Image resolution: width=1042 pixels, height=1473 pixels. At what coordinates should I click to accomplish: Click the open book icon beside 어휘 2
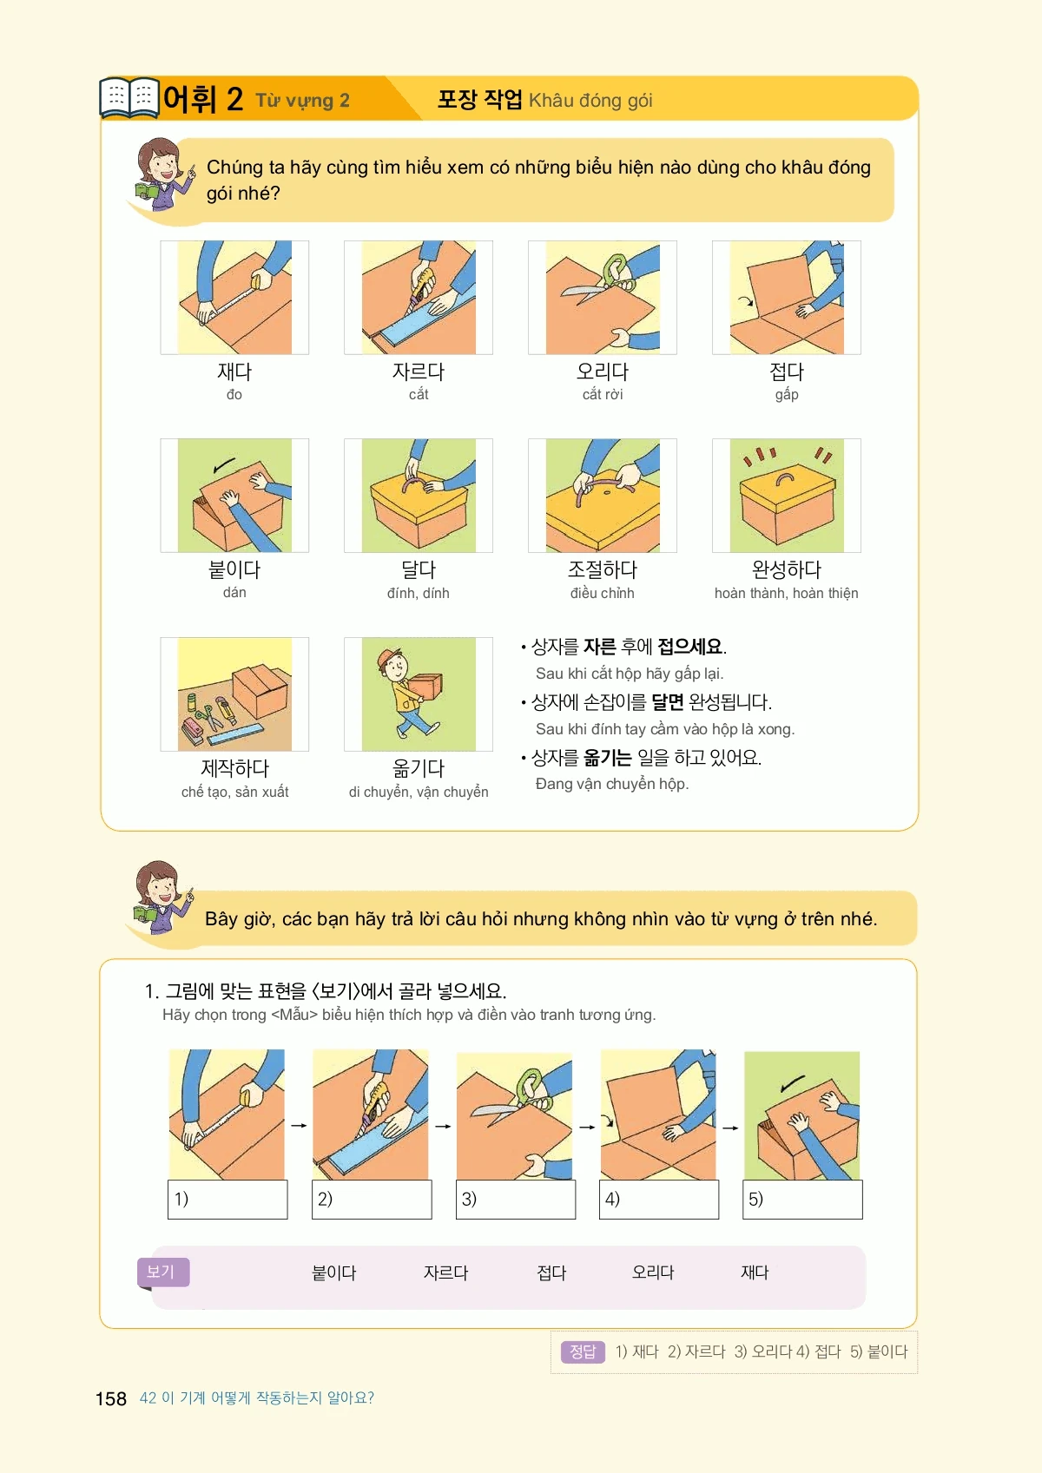click(x=129, y=98)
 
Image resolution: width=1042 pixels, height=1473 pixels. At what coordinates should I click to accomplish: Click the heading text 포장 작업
click(x=479, y=99)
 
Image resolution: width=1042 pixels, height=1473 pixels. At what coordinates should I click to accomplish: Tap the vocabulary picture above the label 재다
click(x=234, y=297)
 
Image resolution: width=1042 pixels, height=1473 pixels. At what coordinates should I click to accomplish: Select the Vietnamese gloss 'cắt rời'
click(x=602, y=395)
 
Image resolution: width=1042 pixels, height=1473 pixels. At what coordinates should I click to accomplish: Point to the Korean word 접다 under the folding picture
click(x=787, y=372)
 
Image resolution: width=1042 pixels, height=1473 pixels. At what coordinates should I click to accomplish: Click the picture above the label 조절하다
click(x=603, y=495)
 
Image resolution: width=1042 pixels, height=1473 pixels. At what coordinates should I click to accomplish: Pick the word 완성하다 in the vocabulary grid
click(x=786, y=569)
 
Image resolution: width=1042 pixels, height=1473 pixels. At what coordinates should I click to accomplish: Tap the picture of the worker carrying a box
click(x=419, y=694)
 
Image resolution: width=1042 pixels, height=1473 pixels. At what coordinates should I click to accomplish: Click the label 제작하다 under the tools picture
click(x=234, y=767)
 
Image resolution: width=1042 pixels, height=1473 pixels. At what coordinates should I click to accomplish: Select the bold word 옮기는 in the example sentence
click(x=607, y=758)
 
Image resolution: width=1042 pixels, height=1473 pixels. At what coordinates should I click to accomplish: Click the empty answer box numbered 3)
click(x=516, y=1200)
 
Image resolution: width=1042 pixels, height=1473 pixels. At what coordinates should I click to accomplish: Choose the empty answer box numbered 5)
click(x=802, y=1200)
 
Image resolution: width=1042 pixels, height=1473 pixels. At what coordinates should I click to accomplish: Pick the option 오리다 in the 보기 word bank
click(x=653, y=1272)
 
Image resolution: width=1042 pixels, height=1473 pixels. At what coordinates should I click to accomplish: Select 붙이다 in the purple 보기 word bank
click(x=333, y=1273)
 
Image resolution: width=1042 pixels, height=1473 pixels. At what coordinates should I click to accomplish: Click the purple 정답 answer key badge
click(x=582, y=1352)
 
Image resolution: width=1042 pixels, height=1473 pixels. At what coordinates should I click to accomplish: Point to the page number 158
click(x=110, y=1398)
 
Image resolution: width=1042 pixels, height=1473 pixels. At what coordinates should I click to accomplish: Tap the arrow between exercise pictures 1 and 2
click(x=300, y=1125)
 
